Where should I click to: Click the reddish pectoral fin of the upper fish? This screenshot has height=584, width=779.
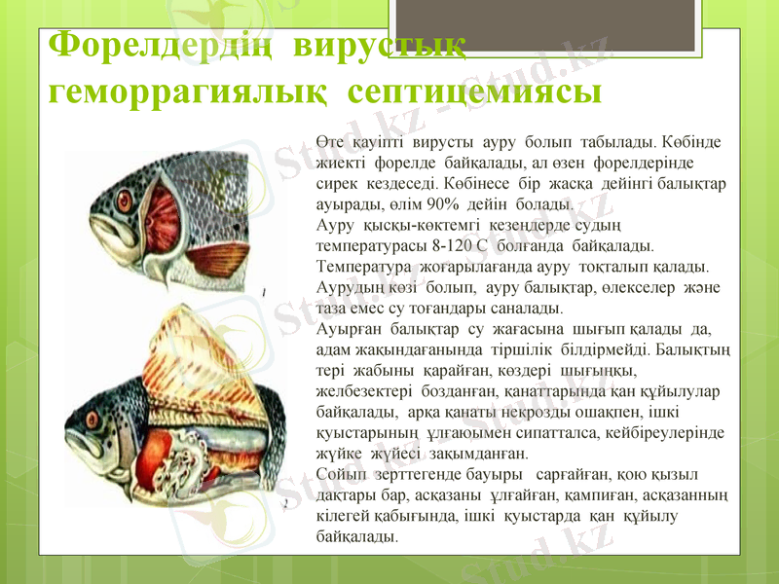(223, 257)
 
